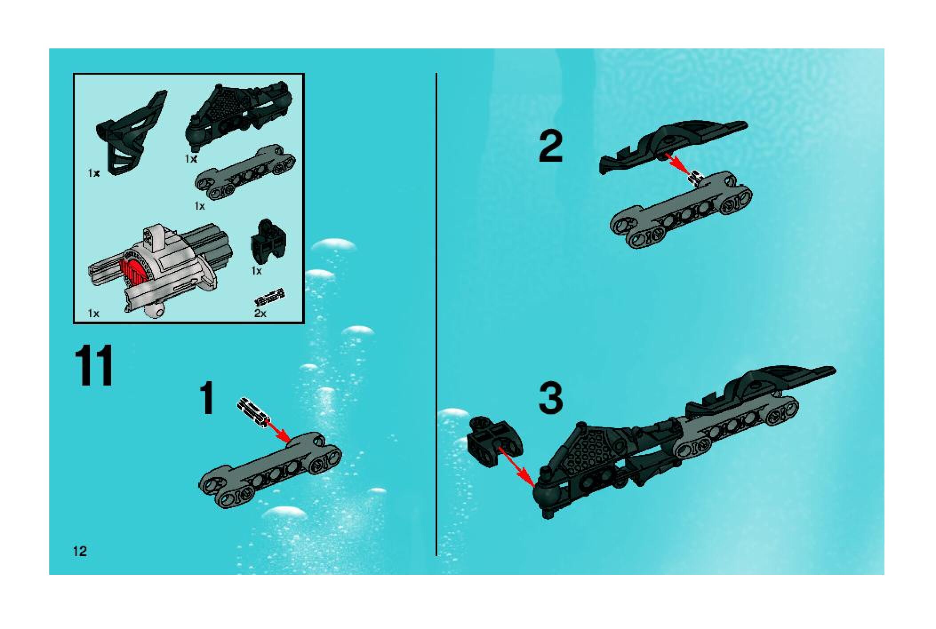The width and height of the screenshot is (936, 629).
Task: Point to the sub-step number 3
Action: tap(551, 398)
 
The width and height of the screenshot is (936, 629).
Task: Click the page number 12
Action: tap(80, 552)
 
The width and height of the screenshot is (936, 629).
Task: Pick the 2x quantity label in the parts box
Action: tap(260, 313)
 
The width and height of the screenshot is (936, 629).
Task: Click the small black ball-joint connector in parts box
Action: tap(268, 242)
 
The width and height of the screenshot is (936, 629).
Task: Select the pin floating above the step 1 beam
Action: tap(253, 411)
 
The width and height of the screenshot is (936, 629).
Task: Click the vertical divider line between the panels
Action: tap(436, 314)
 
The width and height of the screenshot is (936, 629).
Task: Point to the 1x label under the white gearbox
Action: tap(93, 313)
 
